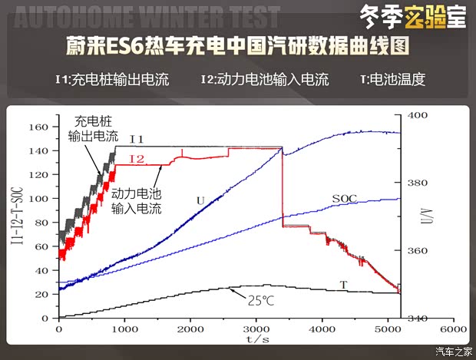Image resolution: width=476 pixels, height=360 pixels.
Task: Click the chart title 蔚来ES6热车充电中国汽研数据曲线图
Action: point(238,47)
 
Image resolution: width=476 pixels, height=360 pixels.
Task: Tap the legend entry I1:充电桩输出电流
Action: point(111,79)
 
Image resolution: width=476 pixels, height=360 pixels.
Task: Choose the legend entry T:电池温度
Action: point(392,79)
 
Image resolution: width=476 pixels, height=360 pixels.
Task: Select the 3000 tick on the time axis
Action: point(256,328)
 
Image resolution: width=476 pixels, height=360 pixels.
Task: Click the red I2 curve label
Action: point(137,159)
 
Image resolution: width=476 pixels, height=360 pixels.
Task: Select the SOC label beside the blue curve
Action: point(344,198)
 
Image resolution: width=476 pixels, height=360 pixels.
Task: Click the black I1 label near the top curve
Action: point(137,139)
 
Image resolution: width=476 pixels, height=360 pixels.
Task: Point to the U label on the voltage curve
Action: point(200,201)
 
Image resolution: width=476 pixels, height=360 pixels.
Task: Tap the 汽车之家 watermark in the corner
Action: point(454,352)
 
